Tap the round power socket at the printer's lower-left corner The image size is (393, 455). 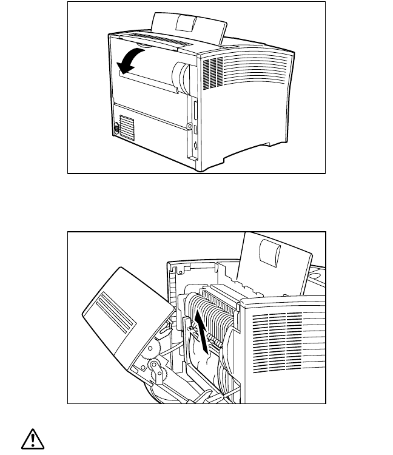[116, 129]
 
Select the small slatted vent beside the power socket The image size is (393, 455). [126, 128]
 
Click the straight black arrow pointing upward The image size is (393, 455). [203, 331]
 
